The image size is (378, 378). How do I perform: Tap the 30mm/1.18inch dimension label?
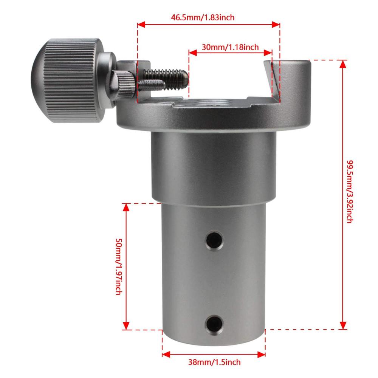[x=230, y=47]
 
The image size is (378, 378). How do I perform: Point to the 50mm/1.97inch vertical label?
[x=118, y=267]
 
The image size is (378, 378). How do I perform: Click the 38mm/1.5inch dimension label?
[x=214, y=362]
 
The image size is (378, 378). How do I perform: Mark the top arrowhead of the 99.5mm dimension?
[x=343, y=64]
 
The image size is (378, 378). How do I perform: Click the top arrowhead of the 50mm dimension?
[x=126, y=207]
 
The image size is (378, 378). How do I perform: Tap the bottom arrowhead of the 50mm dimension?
[x=126, y=326]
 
